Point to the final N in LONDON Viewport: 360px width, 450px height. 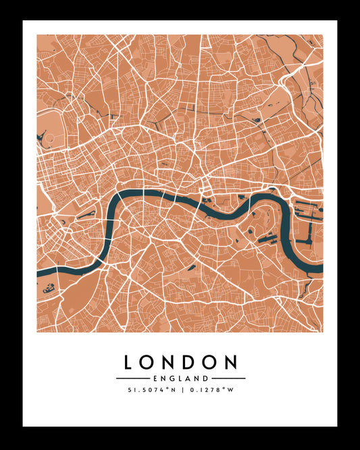click(x=231, y=362)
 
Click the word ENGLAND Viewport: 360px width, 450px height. click(x=180, y=378)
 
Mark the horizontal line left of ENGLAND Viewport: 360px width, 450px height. click(x=132, y=378)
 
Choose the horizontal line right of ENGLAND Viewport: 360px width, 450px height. click(x=228, y=378)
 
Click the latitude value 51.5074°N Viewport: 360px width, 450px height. click(x=151, y=390)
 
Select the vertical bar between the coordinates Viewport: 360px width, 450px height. click(x=180, y=390)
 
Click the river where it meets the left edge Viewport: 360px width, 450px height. click(x=39, y=273)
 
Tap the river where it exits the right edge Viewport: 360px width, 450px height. click(x=320, y=268)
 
